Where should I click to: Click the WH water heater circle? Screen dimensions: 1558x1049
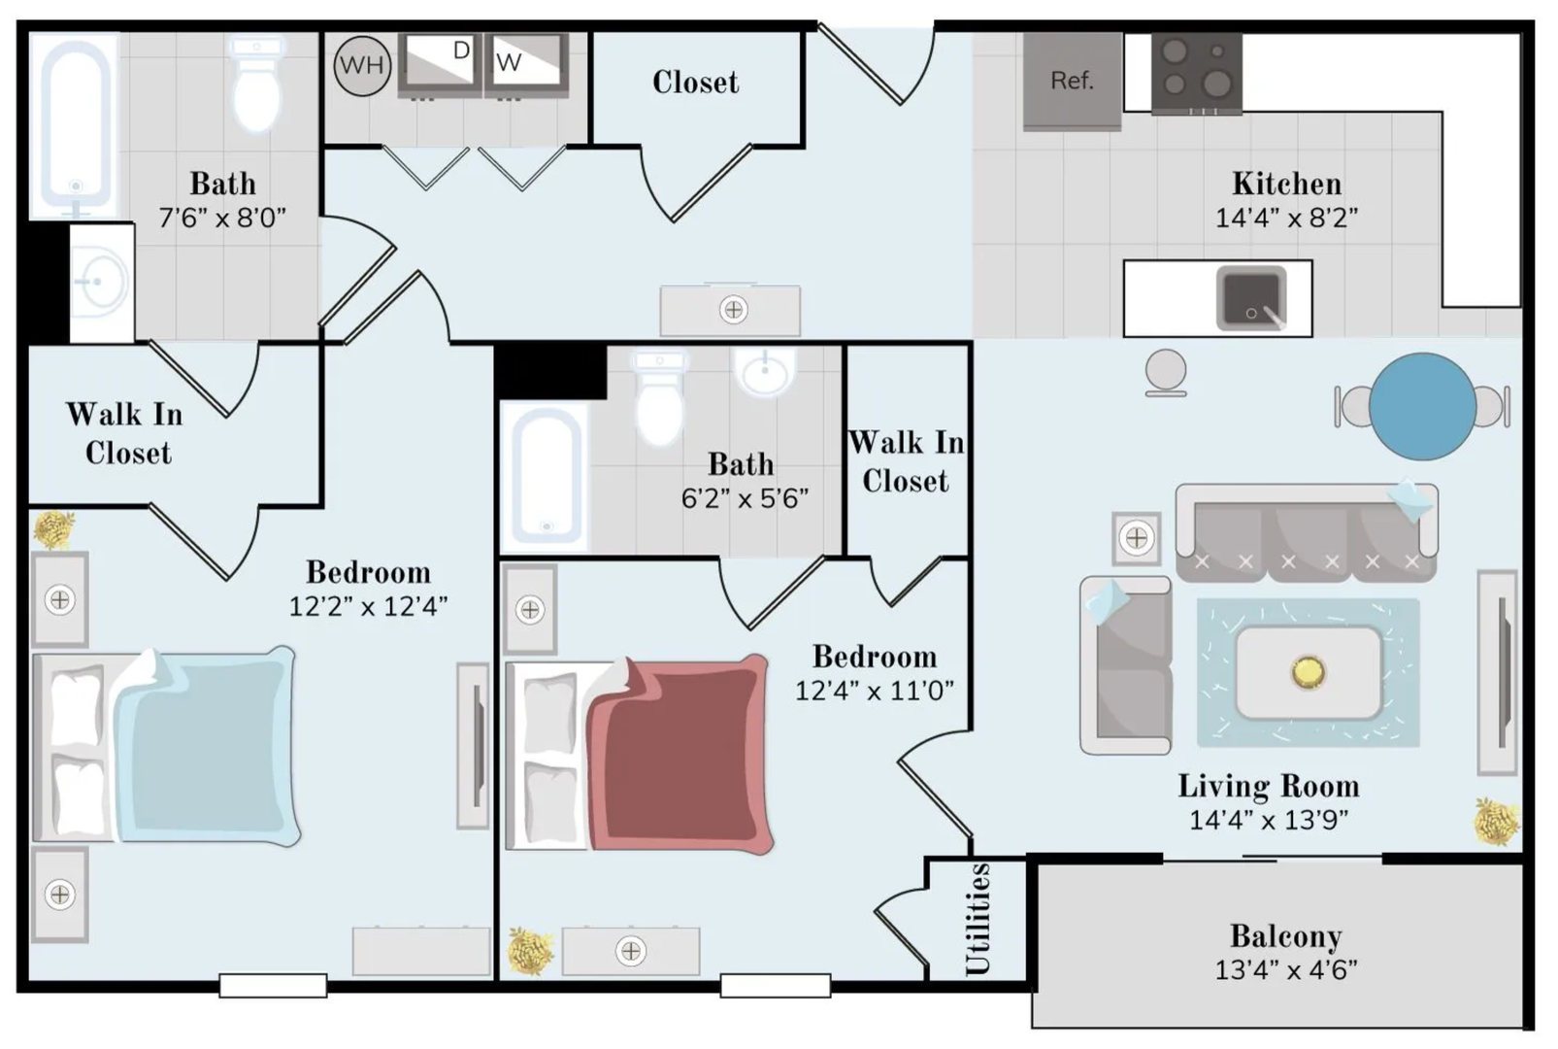[x=362, y=65]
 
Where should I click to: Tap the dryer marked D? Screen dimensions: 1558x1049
[x=440, y=65]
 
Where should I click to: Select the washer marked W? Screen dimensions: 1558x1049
[x=526, y=65]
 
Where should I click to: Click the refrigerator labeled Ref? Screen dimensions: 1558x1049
[x=1072, y=81]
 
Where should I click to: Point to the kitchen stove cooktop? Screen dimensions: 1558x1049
[x=1196, y=73]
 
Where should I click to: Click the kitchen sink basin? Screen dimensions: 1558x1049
[x=1250, y=298]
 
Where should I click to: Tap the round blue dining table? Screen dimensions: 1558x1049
[x=1422, y=407]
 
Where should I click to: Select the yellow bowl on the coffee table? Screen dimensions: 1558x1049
[x=1309, y=672]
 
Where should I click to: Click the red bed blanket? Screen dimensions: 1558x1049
[x=680, y=754]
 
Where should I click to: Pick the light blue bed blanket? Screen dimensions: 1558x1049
[x=208, y=746]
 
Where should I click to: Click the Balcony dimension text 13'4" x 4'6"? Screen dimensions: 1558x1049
[x=1286, y=969]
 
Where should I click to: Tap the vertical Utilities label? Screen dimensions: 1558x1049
[x=978, y=919]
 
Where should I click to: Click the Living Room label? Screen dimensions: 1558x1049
[x=1269, y=787]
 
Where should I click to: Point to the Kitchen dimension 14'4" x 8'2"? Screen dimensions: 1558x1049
[x=1286, y=218]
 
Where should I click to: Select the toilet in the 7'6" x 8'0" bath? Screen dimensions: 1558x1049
[x=256, y=85]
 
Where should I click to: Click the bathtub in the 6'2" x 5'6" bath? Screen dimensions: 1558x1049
[x=547, y=475]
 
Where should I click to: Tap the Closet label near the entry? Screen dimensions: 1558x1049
[x=696, y=83]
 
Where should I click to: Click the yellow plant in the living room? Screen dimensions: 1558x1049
[x=1497, y=822]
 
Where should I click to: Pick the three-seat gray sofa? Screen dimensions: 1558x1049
[x=1307, y=532]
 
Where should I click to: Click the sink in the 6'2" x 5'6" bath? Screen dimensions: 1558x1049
[x=764, y=371]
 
